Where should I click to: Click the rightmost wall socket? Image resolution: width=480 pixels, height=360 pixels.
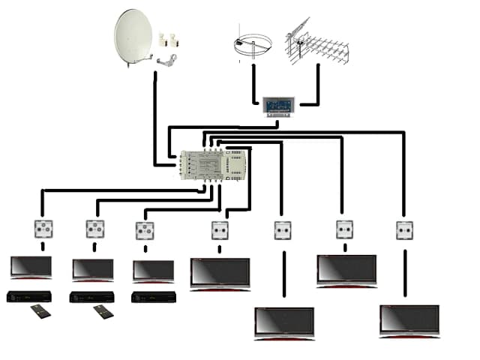click(405, 229)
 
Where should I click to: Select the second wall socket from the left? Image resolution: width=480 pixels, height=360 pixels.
click(93, 228)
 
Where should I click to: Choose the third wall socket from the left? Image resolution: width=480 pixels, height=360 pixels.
click(144, 230)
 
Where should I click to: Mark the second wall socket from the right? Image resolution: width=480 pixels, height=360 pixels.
click(344, 229)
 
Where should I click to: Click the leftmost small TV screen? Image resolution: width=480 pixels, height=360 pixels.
click(31, 267)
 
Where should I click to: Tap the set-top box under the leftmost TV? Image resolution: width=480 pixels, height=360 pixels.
click(29, 296)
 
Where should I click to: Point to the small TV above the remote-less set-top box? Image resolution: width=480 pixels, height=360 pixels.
click(153, 270)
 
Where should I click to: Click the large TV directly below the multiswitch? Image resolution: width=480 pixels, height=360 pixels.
click(220, 273)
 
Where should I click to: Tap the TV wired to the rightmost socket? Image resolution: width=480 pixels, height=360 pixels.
click(409, 321)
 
